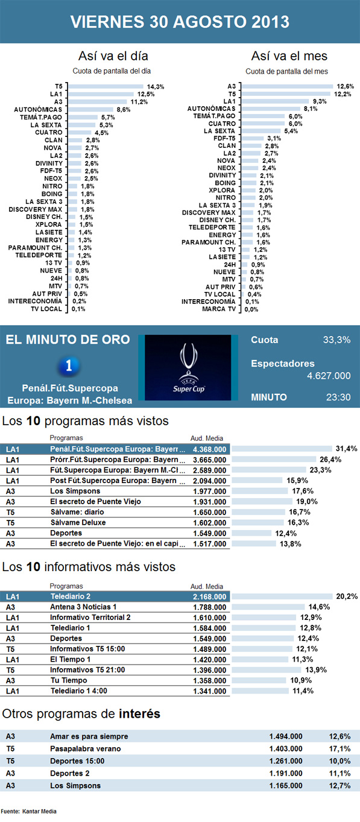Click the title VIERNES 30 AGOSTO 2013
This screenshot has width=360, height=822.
point(180,22)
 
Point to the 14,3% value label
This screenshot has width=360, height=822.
point(156,87)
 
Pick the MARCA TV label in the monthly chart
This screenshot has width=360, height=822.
point(218,309)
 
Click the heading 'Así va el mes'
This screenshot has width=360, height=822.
point(289,56)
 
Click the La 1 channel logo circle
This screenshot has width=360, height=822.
point(71,365)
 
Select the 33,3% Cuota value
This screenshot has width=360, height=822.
point(336,340)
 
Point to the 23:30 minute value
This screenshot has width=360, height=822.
point(338,397)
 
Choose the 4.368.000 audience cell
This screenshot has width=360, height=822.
point(209,449)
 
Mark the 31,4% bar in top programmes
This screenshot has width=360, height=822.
point(282,449)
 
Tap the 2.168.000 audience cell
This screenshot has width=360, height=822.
point(209,596)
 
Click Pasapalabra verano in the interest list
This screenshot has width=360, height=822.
point(85,749)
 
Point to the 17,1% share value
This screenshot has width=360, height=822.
point(339,749)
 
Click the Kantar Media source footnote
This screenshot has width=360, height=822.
point(29,812)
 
